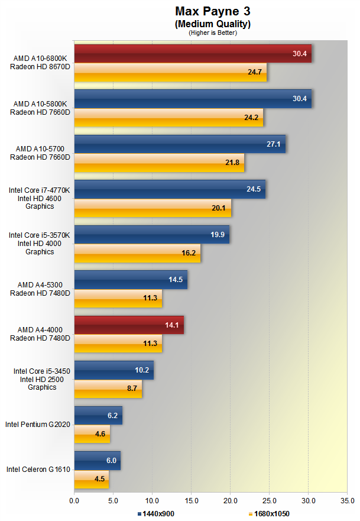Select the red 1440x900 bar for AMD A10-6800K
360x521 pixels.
[x=193, y=53]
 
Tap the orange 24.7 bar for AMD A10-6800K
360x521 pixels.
[x=170, y=72]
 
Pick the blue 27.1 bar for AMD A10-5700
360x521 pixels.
[x=180, y=144]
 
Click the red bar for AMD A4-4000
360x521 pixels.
[x=129, y=325]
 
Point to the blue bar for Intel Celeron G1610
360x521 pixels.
[x=98, y=460]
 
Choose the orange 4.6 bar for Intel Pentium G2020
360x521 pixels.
[x=92, y=433]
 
